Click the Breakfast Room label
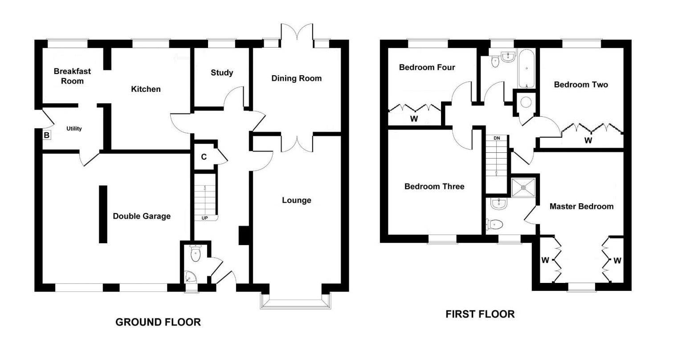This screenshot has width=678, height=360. pyautogui.click(x=72, y=76)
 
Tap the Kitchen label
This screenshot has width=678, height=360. pyautogui.click(x=146, y=89)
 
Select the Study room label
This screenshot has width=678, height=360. pyautogui.click(x=222, y=73)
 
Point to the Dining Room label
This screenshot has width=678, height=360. pyautogui.click(x=296, y=78)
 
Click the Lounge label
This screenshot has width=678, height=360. pyautogui.click(x=296, y=200)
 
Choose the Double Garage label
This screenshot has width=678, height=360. pyautogui.click(x=142, y=216)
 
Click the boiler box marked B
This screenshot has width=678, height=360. pyautogui.click(x=46, y=135)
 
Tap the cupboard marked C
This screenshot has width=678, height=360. pyautogui.click(x=204, y=156)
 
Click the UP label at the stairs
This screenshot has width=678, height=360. pyautogui.click(x=204, y=218)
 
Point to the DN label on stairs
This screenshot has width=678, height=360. pyautogui.click(x=497, y=138)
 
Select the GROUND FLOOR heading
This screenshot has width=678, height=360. pyautogui.click(x=158, y=322)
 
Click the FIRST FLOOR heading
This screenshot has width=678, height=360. pyautogui.click(x=480, y=314)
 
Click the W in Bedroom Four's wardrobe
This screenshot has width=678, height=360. pyautogui.click(x=414, y=119)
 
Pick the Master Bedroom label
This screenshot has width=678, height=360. pyautogui.click(x=581, y=206)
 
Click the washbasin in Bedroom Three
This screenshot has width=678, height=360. pyautogui.click(x=498, y=204)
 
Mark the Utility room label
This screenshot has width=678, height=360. pyautogui.click(x=74, y=129)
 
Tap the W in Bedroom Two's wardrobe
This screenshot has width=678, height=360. pyautogui.click(x=588, y=140)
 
